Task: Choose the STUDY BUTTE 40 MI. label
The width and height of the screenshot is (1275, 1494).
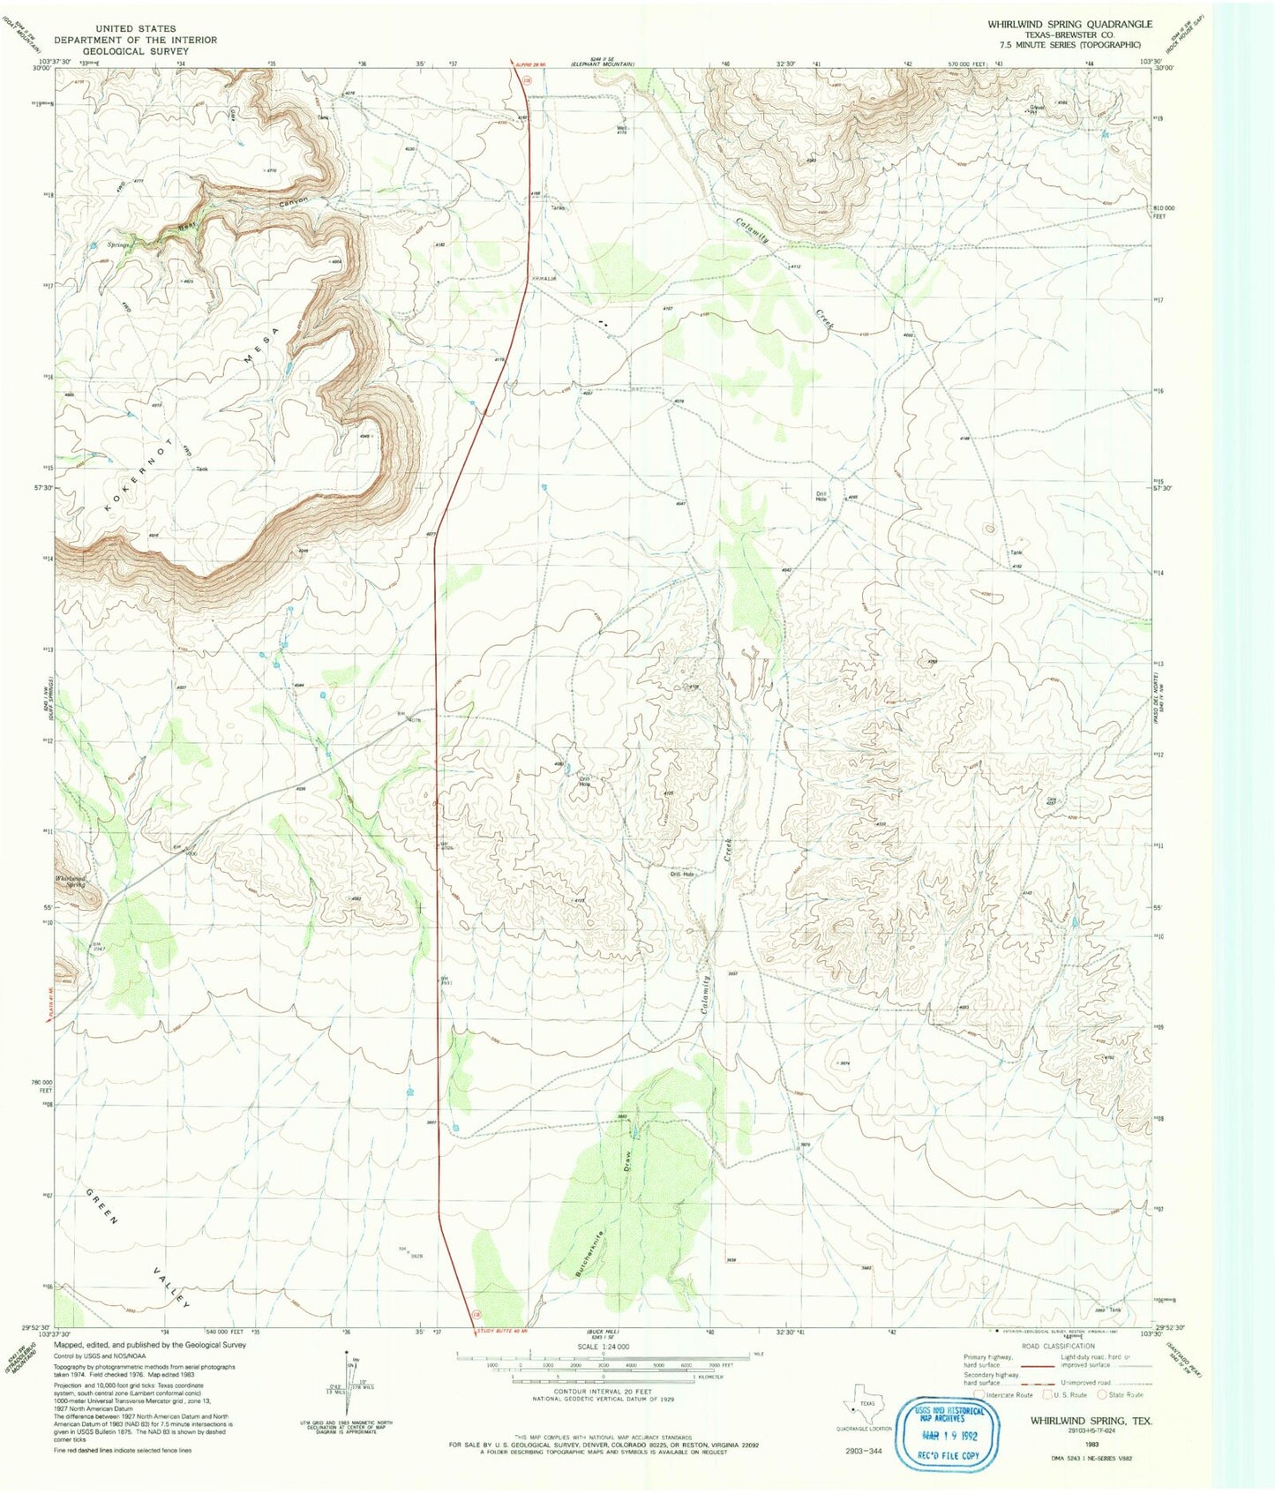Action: [x=506, y=1331]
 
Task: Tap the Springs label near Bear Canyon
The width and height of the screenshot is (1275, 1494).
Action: [x=119, y=244]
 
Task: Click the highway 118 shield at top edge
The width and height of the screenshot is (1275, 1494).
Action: [x=527, y=80]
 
